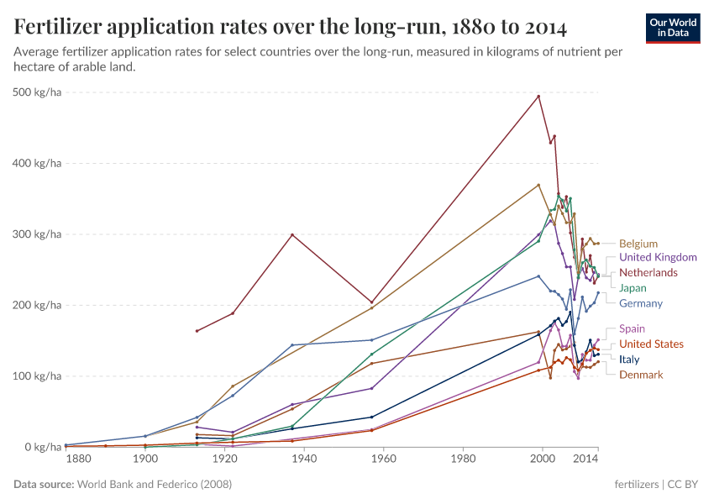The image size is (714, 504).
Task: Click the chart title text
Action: [291, 28]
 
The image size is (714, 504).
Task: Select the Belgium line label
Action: [638, 244]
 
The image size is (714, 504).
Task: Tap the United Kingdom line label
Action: [658, 258]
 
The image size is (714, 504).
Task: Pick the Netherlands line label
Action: [648, 273]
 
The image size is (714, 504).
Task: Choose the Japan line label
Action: [633, 288]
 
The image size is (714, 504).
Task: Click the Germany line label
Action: [640, 303]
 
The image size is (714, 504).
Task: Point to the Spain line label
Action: [632, 329]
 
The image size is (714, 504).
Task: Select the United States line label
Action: [651, 344]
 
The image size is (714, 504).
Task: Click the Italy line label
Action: [628, 360]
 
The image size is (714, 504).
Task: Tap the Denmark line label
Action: [641, 375]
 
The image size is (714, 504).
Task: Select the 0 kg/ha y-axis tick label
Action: [44, 448]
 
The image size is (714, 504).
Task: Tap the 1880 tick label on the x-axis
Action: [77, 459]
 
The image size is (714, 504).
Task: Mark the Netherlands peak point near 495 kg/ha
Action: [538, 96]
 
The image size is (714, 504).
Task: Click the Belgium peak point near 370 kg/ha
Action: [538, 185]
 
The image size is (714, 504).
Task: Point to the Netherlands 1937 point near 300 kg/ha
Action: [292, 234]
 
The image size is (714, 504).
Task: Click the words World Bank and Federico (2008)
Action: [155, 485]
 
